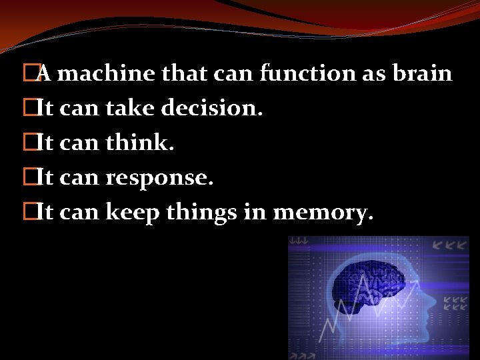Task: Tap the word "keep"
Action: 129,213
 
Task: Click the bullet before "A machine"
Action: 27,73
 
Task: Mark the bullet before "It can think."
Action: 27,143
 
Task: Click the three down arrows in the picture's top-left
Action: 299,242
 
